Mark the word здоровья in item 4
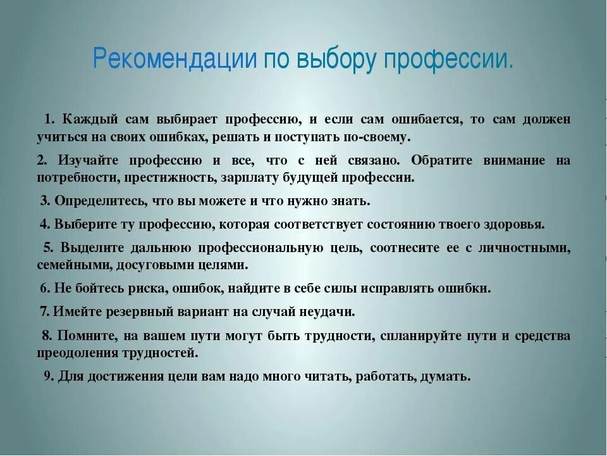click(x=513, y=224)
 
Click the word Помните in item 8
click(x=85, y=336)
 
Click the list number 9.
click(x=48, y=376)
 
